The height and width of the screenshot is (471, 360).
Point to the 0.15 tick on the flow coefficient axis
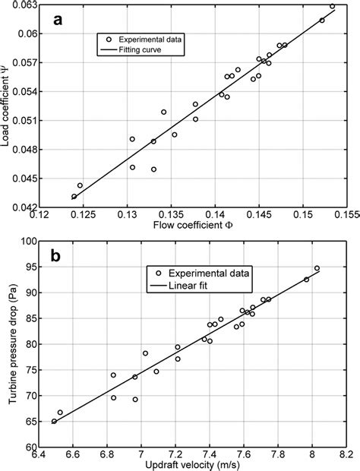303,216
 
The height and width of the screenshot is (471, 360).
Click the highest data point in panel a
332,6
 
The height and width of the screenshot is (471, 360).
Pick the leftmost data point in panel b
54,421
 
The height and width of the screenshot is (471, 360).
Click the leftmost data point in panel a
74,197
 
